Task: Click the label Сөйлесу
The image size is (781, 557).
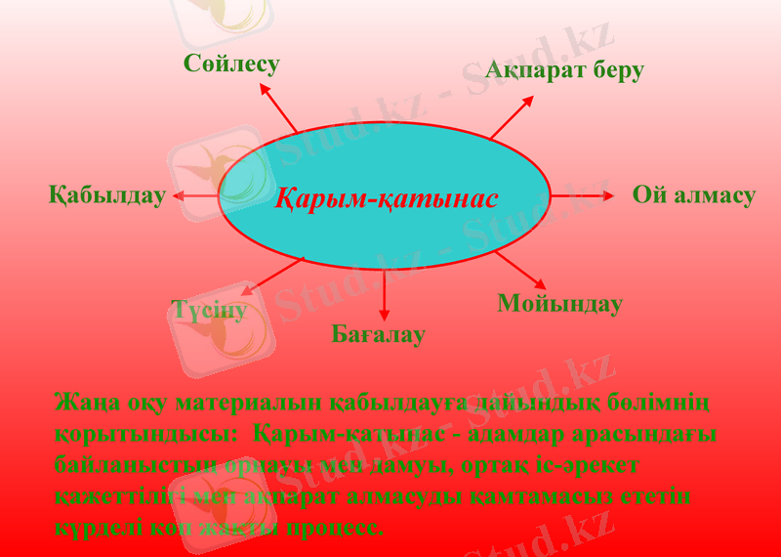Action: click(x=231, y=64)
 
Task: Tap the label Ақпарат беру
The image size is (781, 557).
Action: click(x=564, y=70)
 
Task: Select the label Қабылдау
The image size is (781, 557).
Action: click(x=107, y=195)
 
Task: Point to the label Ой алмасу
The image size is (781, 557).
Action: click(x=693, y=195)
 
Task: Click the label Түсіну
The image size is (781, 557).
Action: click(x=208, y=311)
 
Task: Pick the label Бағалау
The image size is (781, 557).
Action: click(x=379, y=335)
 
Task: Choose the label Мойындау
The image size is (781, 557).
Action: click(x=559, y=304)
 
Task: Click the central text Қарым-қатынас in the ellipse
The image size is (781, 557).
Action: click(x=386, y=198)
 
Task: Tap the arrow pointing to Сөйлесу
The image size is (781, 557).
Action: click(x=278, y=107)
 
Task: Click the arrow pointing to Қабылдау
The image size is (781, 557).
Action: click(x=196, y=196)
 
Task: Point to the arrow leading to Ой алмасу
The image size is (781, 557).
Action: click(x=582, y=195)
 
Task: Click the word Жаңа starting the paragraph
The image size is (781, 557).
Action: click(x=82, y=403)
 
